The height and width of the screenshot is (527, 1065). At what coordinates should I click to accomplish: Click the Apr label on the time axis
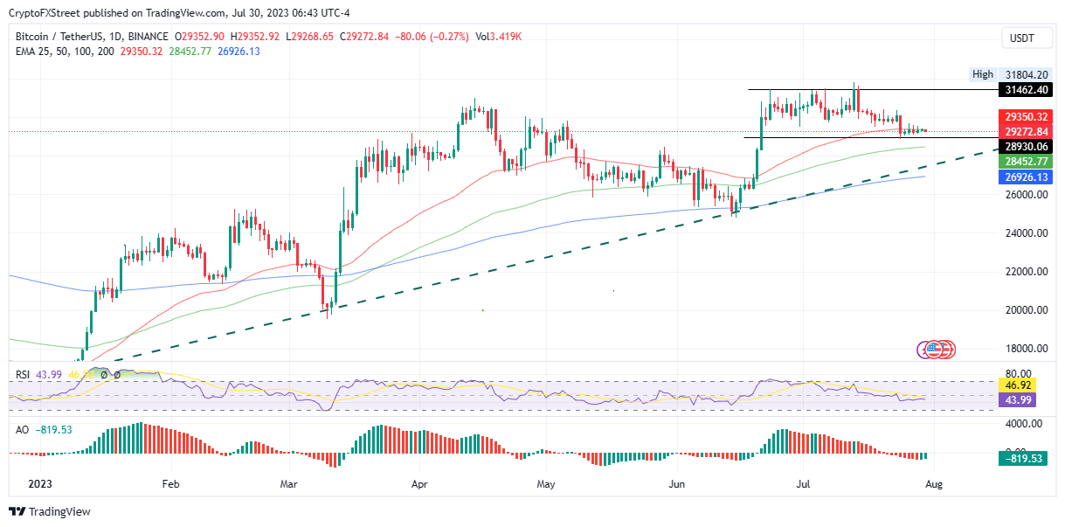(x=420, y=483)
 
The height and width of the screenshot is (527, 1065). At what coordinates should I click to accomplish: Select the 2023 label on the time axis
(x=40, y=483)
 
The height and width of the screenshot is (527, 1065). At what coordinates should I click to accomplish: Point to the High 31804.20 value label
(x=1013, y=75)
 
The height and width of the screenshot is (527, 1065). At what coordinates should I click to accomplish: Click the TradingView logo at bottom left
(x=51, y=512)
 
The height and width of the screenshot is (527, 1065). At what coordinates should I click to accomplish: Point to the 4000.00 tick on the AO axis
(x=1021, y=424)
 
